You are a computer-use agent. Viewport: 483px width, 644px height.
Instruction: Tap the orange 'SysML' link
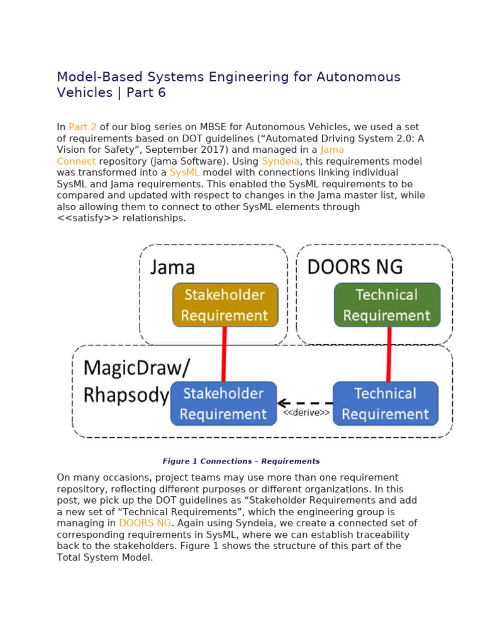[184, 172]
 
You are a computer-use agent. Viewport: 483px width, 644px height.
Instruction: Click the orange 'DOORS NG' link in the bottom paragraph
[145, 523]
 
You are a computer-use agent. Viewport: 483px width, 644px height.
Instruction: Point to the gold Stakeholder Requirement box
[225, 305]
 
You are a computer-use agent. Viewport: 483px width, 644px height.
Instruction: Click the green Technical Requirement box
[387, 305]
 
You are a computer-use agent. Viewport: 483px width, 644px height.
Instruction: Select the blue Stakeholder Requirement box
[223, 404]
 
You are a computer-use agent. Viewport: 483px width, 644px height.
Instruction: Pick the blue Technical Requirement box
[386, 404]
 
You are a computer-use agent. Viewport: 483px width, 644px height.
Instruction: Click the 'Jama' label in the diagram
[172, 267]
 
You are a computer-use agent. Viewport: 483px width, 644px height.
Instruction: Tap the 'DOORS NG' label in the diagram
[355, 267]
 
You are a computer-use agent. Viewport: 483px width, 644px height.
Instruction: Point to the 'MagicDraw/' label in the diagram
[136, 367]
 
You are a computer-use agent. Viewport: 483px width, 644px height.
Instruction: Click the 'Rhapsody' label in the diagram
[126, 396]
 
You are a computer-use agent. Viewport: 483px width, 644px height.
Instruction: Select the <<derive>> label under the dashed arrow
[306, 413]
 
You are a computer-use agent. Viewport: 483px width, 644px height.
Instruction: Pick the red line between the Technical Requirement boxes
[389, 354]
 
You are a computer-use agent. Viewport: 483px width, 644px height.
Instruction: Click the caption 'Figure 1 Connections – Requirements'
[241, 461]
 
